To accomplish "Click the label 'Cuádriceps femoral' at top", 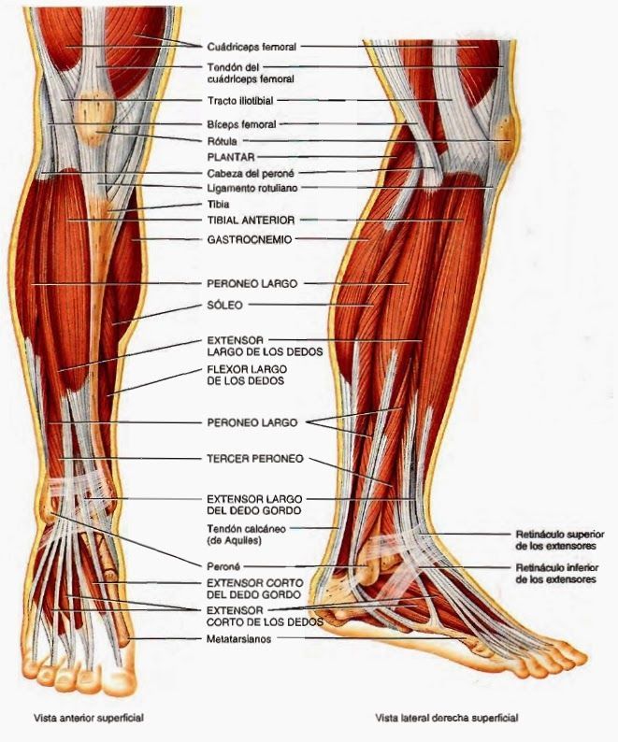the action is tap(252, 47).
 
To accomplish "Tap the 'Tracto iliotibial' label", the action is tap(240, 100).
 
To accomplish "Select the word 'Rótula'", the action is tap(222, 141).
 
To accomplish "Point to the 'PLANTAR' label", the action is tap(231, 157).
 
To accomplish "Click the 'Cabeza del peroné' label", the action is tap(251, 173).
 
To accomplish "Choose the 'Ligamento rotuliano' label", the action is tap(252, 188).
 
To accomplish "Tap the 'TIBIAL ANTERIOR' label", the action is tap(251, 220).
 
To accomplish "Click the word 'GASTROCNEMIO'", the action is tap(249, 239).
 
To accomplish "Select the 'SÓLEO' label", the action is tap(225, 306).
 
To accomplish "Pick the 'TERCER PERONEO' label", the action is tap(255, 459).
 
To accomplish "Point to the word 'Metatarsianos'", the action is tap(238, 639).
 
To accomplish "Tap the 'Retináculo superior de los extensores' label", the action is tap(560, 540).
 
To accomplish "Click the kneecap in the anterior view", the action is tap(94, 120).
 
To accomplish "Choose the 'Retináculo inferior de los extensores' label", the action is tap(557, 574).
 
